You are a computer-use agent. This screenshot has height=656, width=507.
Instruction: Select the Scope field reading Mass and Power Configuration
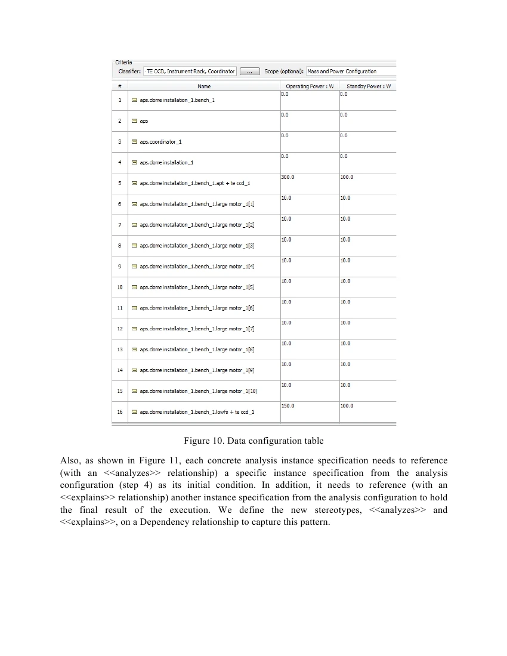(350, 72)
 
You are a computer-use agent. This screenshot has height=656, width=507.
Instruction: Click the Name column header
(204, 86)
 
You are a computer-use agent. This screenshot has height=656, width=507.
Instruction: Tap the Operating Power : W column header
(309, 86)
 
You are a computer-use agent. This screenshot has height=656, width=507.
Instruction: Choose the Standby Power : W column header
(368, 86)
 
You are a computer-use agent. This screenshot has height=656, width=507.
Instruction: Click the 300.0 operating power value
(288, 177)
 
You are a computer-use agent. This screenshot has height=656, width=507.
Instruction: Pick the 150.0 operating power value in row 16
(288, 406)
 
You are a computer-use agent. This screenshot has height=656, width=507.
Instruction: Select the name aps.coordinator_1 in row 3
(161, 142)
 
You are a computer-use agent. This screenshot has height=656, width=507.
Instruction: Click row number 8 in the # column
(120, 246)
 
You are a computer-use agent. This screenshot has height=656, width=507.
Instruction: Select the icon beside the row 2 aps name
(134, 121)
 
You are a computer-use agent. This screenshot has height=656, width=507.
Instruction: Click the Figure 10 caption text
(253, 441)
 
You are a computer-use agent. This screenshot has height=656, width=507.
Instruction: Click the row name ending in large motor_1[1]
(197, 204)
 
